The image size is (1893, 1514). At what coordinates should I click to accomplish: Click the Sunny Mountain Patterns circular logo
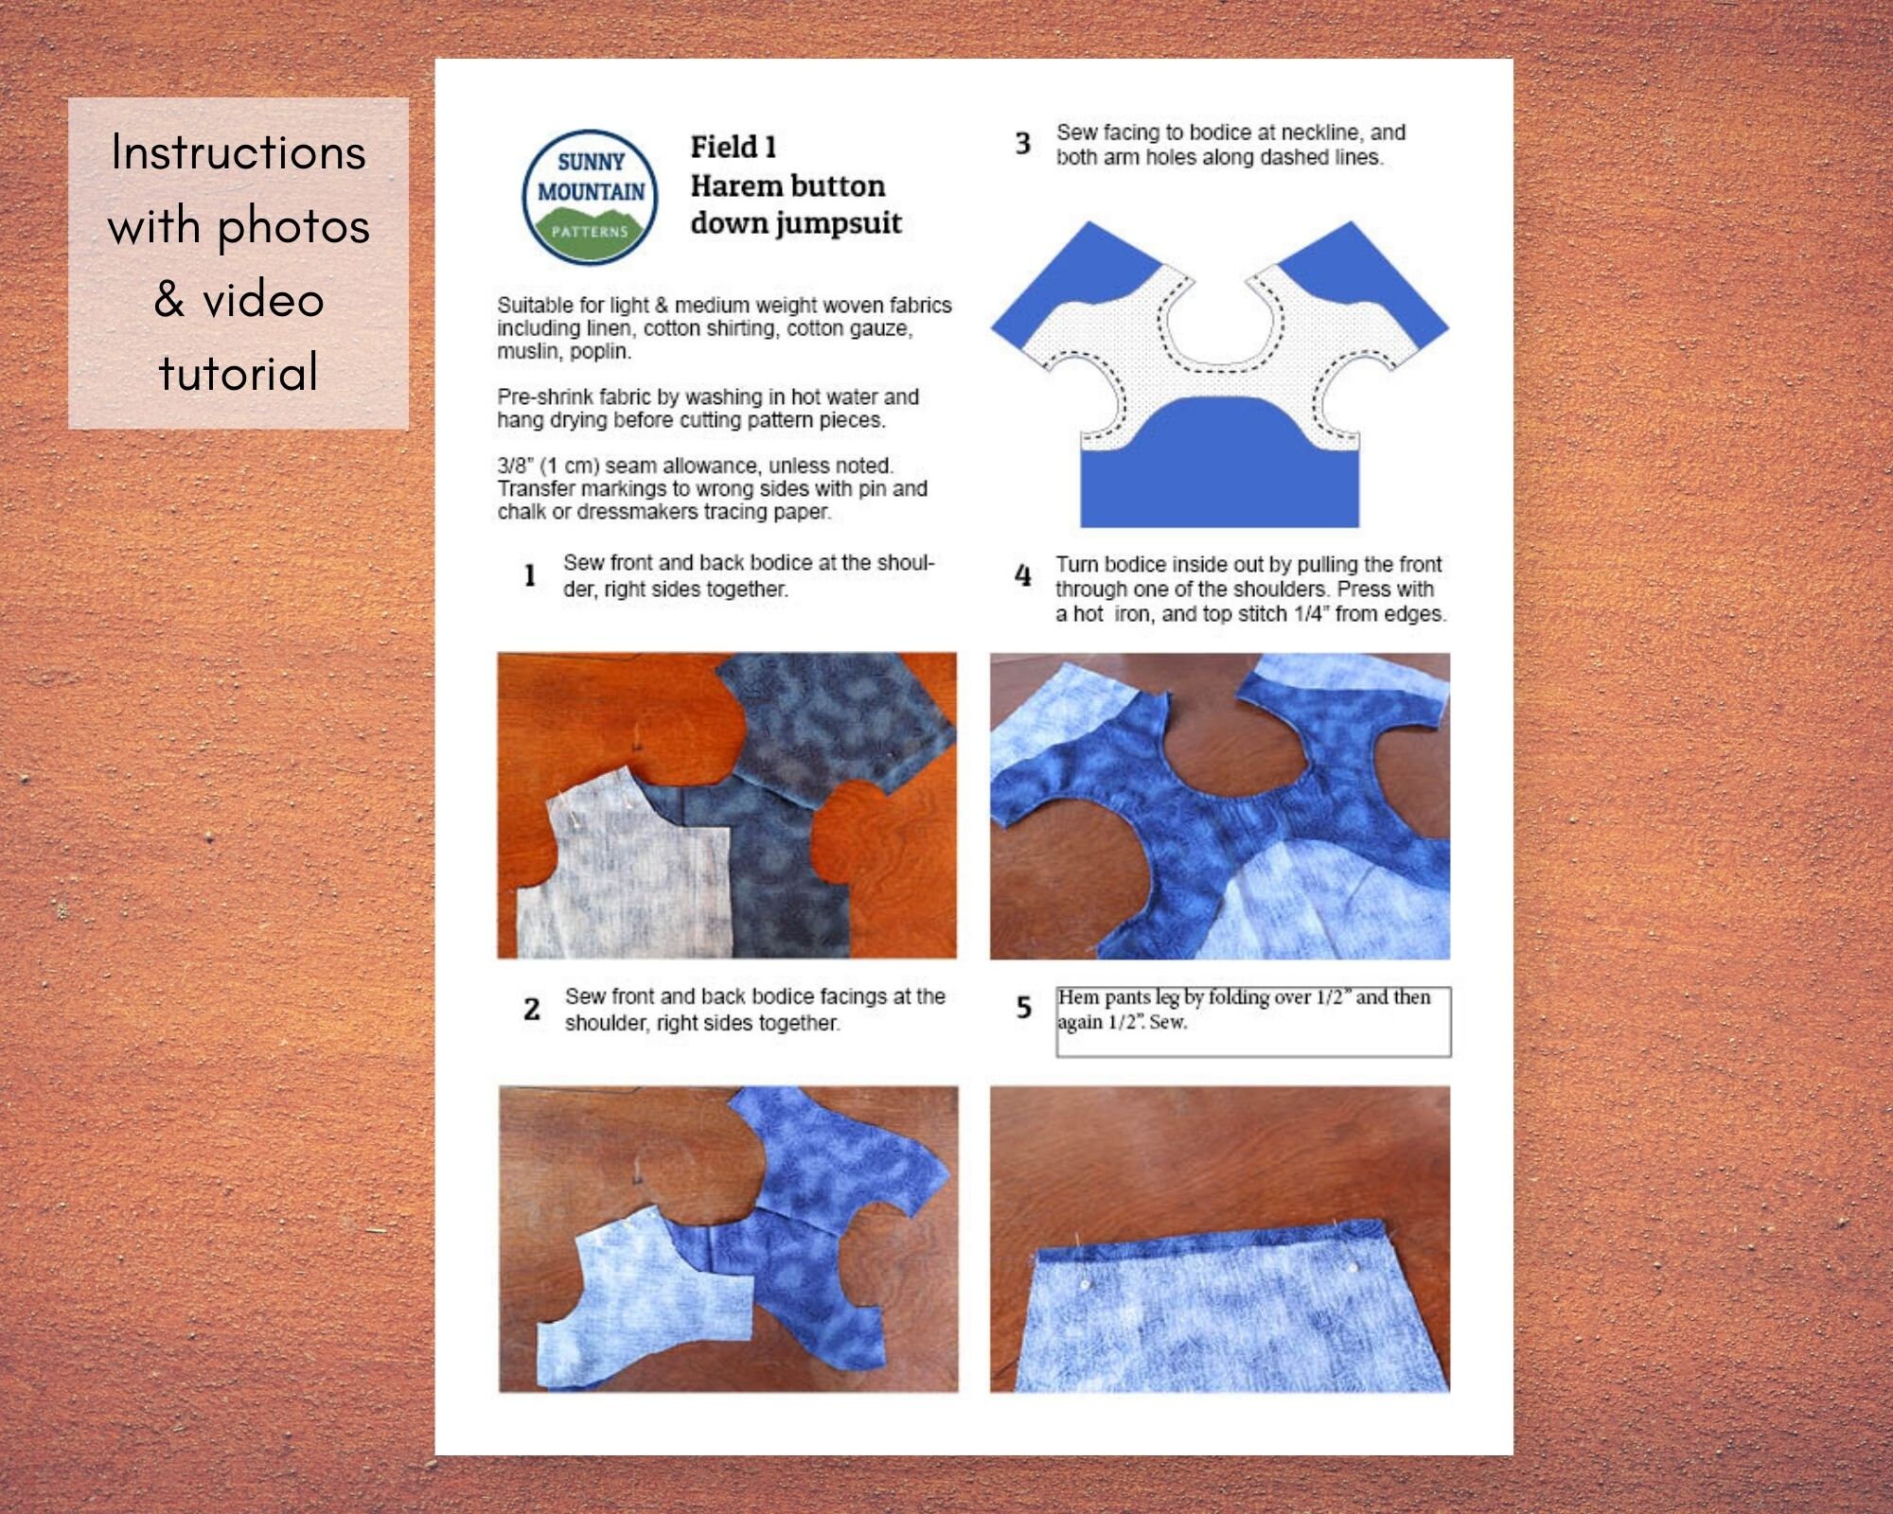click(590, 197)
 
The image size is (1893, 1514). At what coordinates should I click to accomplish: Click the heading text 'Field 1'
click(734, 148)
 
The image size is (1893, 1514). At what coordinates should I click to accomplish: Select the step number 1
click(530, 574)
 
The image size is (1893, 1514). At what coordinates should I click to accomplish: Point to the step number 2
click(532, 1009)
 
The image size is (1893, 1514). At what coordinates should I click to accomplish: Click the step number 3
click(1023, 143)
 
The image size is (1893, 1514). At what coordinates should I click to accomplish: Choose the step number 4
click(1023, 574)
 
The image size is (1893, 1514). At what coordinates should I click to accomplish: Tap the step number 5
click(1024, 1008)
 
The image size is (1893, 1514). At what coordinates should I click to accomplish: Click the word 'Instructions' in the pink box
click(239, 152)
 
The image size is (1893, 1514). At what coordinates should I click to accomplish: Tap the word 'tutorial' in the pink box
click(239, 373)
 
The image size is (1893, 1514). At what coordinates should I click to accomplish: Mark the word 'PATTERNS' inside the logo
click(590, 232)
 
